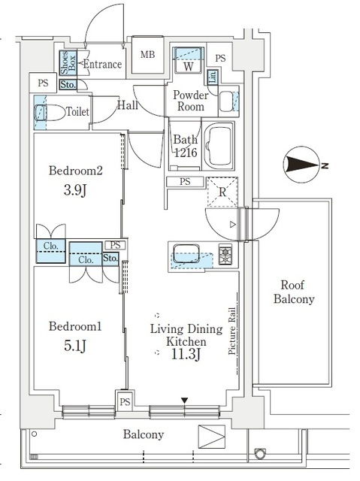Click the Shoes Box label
(68, 63)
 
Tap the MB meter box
(148, 55)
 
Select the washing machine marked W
(189, 60)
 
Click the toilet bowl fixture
(50, 112)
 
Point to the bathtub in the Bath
(219, 146)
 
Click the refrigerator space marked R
(222, 192)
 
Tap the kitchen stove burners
(225, 254)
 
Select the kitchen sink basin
(186, 253)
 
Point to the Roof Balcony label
(294, 292)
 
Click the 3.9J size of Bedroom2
(75, 190)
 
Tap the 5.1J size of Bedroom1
(75, 346)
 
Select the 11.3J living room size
(186, 355)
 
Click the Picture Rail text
(232, 331)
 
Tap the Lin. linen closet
(213, 77)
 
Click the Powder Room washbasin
(226, 101)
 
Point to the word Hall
(128, 105)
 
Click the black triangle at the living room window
(184, 401)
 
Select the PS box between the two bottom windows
(125, 401)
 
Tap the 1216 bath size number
(186, 152)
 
